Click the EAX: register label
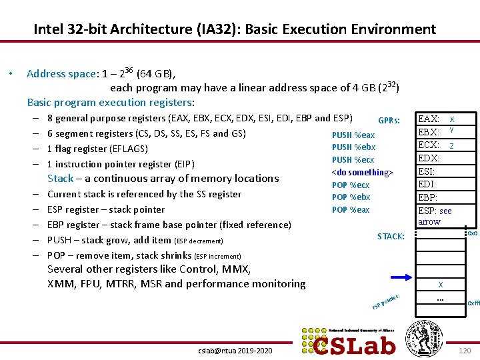(x=428, y=119)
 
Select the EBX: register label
(x=428, y=132)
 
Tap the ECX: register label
(x=428, y=145)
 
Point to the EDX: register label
(x=428, y=158)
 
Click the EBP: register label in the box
(x=427, y=197)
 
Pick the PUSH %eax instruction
(x=353, y=135)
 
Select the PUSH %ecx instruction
(x=353, y=160)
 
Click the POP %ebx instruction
(x=351, y=197)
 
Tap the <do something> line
(x=363, y=173)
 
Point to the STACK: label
(x=391, y=236)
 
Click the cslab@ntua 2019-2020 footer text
(x=236, y=350)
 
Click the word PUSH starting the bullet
(x=60, y=240)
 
